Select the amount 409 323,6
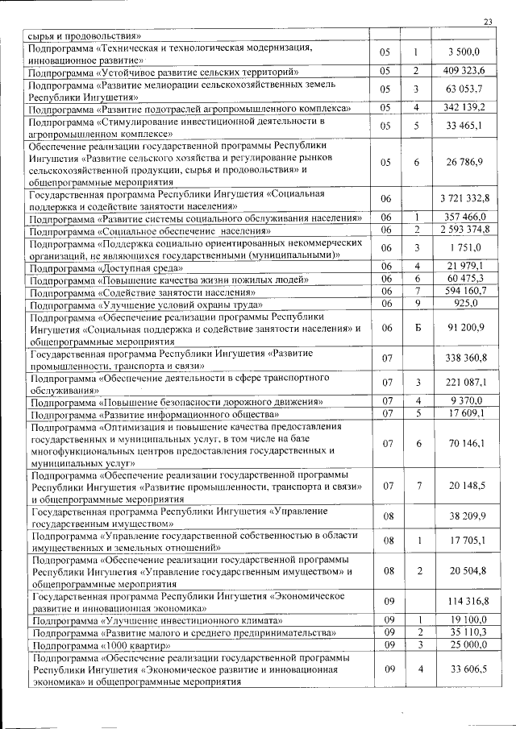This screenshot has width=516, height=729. pyautogui.click(x=464, y=72)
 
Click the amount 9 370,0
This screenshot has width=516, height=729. pyautogui.click(x=466, y=400)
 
